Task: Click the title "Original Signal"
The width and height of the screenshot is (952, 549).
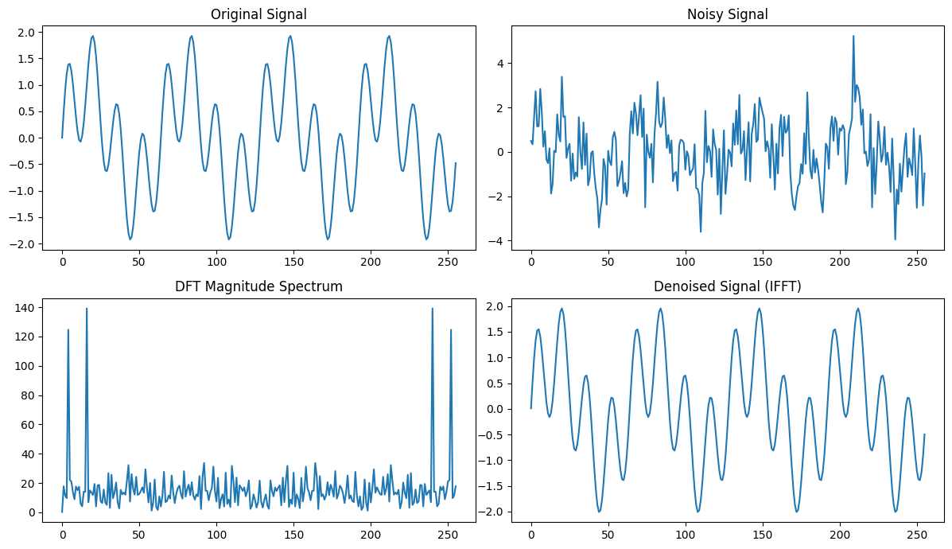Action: point(258,14)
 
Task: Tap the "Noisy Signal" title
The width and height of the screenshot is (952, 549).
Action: point(728,14)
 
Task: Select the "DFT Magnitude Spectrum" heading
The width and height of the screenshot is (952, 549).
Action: point(258,286)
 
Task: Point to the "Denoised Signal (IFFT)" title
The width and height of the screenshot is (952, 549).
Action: point(728,286)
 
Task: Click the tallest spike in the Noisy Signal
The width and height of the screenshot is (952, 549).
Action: point(853,36)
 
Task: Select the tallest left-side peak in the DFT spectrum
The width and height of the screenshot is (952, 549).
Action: point(87,309)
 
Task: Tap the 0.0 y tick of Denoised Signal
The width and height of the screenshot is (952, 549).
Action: point(494,409)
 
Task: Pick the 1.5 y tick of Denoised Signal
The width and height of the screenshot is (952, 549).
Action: point(494,333)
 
